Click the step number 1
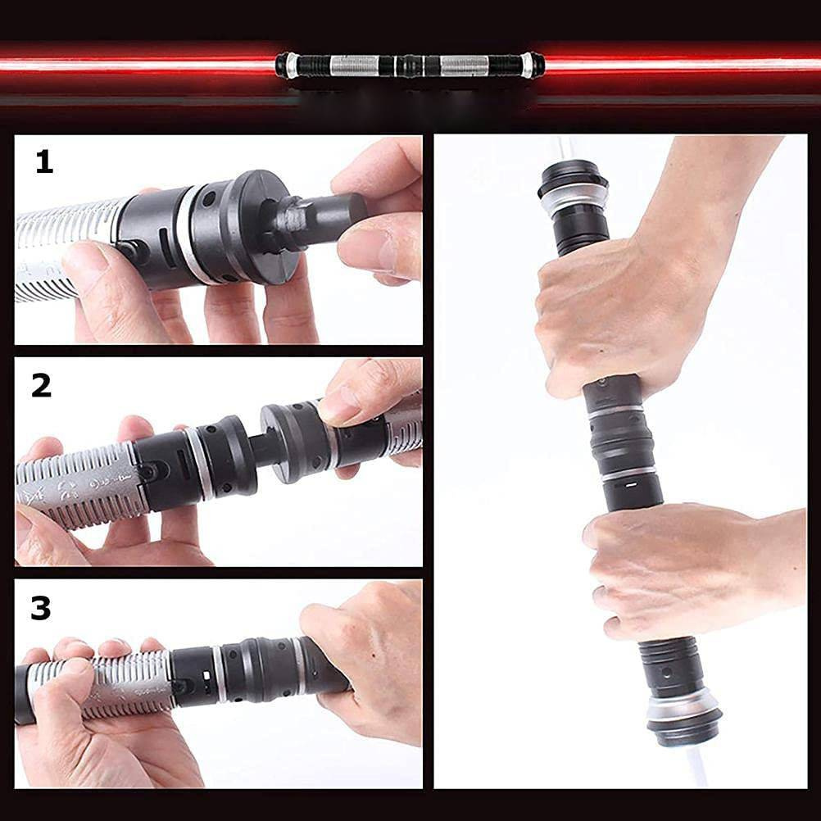(44, 161)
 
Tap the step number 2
(41, 386)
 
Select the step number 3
(41, 608)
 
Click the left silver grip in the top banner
(355, 66)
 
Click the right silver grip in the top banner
(465, 66)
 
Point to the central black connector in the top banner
(410, 66)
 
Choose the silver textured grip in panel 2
(79, 484)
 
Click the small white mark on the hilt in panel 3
(206, 676)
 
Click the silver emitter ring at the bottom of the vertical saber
(683, 708)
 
